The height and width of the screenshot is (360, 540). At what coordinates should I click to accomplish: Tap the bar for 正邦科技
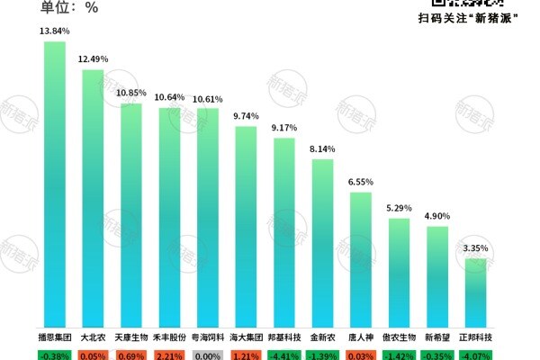pyautogui.click(x=476, y=292)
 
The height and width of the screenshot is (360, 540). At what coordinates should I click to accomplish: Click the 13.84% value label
pyautogui.click(x=55, y=31)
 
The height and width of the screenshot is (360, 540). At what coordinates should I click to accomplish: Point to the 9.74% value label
pyautogui.click(x=246, y=116)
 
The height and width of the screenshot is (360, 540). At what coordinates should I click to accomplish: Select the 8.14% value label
pyautogui.click(x=322, y=149)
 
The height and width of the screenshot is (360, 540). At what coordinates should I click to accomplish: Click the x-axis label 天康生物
pyautogui.click(x=131, y=337)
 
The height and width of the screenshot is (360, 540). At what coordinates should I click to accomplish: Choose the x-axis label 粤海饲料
pyautogui.click(x=208, y=337)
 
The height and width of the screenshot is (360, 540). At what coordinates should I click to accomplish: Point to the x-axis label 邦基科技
pyautogui.click(x=284, y=337)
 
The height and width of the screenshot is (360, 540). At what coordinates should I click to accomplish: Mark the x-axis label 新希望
pyautogui.click(x=437, y=337)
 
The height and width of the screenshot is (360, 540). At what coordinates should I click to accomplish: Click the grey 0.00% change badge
pyautogui.click(x=208, y=355)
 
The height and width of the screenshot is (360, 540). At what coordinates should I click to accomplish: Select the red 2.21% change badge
pyautogui.click(x=170, y=355)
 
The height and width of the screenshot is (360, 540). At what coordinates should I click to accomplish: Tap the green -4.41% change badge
pyautogui.click(x=284, y=355)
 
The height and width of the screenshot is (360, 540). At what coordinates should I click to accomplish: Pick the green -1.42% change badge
pyautogui.click(x=400, y=355)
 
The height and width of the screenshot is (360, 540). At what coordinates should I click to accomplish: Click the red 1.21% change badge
pyautogui.click(x=246, y=355)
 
